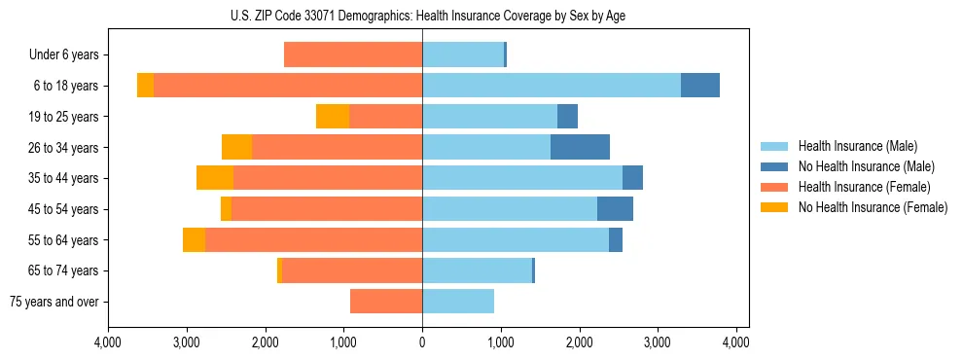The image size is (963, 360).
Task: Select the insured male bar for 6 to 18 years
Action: pyautogui.click(x=552, y=86)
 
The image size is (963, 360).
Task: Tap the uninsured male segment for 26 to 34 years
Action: pyautogui.click(x=580, y=147)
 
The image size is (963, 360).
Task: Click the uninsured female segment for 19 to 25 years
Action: pyautogui.click(x=333, y=117)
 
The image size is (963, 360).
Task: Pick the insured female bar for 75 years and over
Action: pyautogui.click(x=386, y=302)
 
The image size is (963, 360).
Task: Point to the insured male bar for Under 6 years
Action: pyautogui.click(x=463, y=54)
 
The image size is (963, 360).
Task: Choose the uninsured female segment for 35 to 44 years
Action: pyautogui.click(x=215, y=178)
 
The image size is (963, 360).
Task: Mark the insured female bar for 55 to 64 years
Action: pyautogui.click(x=313, y=239)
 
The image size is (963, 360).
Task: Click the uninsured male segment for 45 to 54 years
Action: pyautogui.click(x=615, y=208)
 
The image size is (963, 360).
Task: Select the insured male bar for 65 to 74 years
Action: pyautogui.click(x=477, y=270)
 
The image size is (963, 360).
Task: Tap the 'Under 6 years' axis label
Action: pyautogui.click(x=63, y=55)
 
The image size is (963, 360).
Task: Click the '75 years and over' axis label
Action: pyautogui.click(x=53, y=302)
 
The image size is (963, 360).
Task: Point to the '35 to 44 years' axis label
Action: pyautogui.click(x=63, y=178)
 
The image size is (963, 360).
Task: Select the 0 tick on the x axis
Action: pyautogui.click(x=422, y=342)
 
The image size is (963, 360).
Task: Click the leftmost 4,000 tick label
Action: pyautogui.click(x=108, y=342)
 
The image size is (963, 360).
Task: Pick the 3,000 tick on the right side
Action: pyautogui.click(x=658, y=342)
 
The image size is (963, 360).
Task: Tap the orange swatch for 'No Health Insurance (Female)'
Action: pyautogui.click(x=774, y=207)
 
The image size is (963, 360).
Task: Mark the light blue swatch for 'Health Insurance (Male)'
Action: pyautogui.click(x=774, y=146)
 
